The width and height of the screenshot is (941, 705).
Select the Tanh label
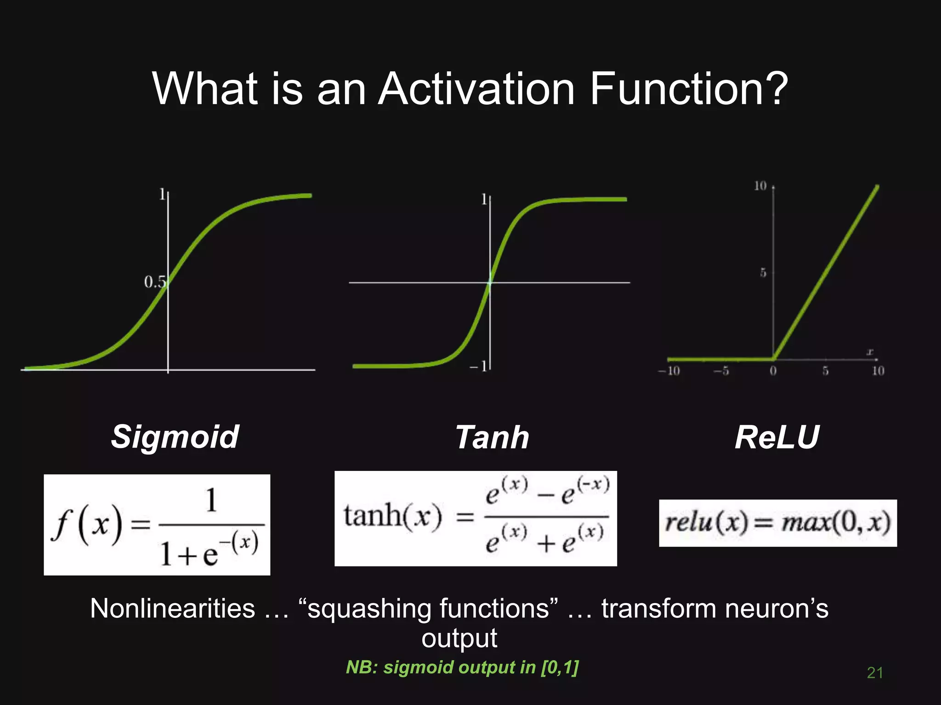492,437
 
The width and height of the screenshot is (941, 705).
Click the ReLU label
777,437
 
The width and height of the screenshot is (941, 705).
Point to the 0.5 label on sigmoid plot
154,282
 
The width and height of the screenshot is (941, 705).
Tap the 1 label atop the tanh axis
484,199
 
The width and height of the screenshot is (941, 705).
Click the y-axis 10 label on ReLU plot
760,186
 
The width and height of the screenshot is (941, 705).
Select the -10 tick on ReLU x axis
669,371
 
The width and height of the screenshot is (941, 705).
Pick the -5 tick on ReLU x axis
721,371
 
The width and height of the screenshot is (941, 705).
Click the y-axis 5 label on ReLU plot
763,273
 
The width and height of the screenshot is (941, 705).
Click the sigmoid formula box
157,525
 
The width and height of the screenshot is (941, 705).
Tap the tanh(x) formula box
476,518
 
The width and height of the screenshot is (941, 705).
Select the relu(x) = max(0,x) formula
778,523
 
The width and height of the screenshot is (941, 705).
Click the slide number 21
875,673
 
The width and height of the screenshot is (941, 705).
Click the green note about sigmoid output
462,667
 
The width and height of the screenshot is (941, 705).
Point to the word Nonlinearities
172,609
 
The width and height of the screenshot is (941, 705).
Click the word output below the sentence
459,638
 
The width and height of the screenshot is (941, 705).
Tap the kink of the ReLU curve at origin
774,359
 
